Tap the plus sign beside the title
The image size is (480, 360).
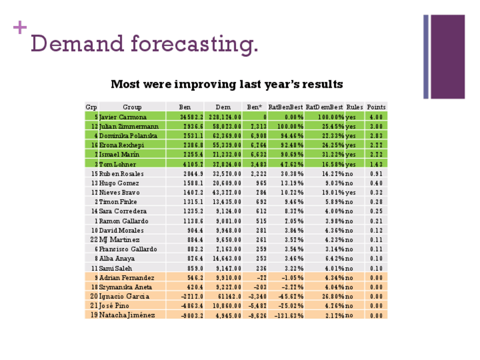[x=20, y=27]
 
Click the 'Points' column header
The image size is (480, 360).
[x=376, y=107]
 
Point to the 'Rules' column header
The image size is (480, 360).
[x=354, y=107]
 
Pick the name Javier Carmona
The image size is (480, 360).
[x=123, y=117]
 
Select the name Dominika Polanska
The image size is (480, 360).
[x=128, y=136]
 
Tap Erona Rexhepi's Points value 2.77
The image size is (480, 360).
[x=376, y=145]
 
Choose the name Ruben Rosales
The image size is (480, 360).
[x=121, y=174]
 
